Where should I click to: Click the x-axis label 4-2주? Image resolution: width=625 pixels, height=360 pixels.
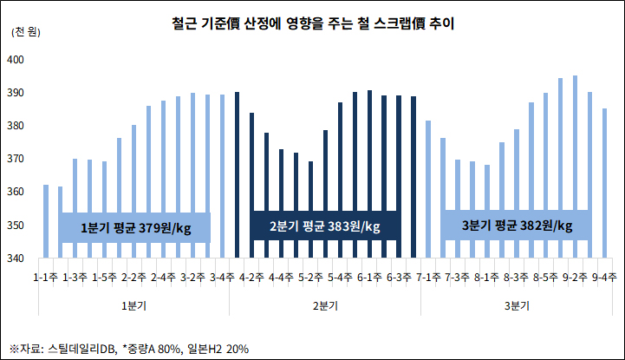252,278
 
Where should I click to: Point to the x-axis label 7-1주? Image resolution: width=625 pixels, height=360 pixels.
428,278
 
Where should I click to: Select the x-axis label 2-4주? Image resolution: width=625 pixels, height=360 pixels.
164,278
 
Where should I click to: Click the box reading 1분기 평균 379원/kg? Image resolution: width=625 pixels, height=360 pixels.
134,227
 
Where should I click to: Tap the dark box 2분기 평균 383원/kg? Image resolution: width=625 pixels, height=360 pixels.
325,226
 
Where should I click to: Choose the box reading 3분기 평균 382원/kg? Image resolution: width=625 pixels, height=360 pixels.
518,226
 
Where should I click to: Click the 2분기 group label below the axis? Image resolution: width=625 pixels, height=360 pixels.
325,305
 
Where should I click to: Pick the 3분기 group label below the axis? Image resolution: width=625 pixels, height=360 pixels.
518,305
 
